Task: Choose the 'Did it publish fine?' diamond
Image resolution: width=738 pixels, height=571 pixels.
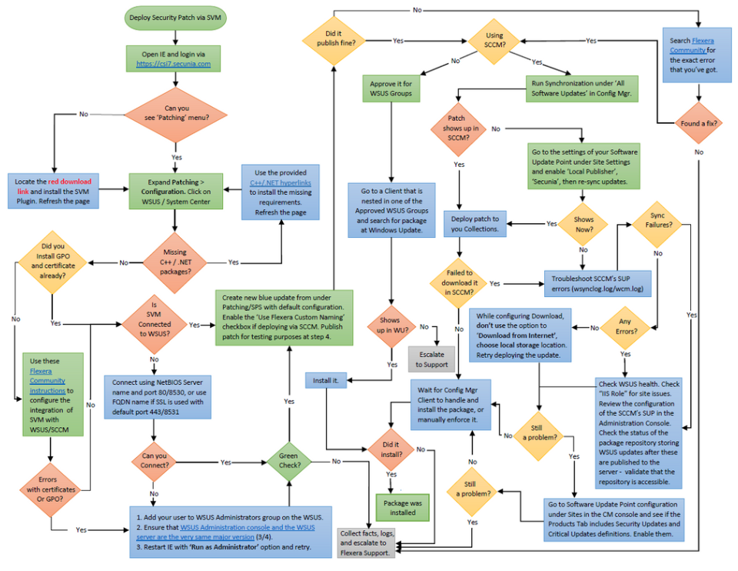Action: [x=334, y=40]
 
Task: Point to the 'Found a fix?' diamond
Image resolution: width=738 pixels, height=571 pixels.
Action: [x=698, y=123]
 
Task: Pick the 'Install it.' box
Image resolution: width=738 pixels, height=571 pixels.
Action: [x=326, y=380]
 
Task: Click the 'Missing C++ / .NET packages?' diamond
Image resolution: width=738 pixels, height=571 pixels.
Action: [x=176, y=262]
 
